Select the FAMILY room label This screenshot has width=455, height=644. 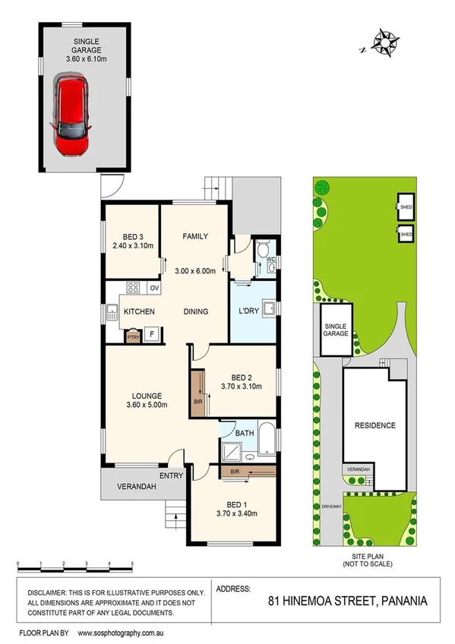[x=195, y=237]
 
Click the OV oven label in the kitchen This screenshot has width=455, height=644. [x=153, y=288]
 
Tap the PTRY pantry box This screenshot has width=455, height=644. [x=133, y=334]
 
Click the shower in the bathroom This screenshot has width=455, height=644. [x=232, y=453]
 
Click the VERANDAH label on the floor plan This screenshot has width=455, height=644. [x=136, y=487]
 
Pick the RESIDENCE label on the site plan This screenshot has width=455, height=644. [x=375, y=425]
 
